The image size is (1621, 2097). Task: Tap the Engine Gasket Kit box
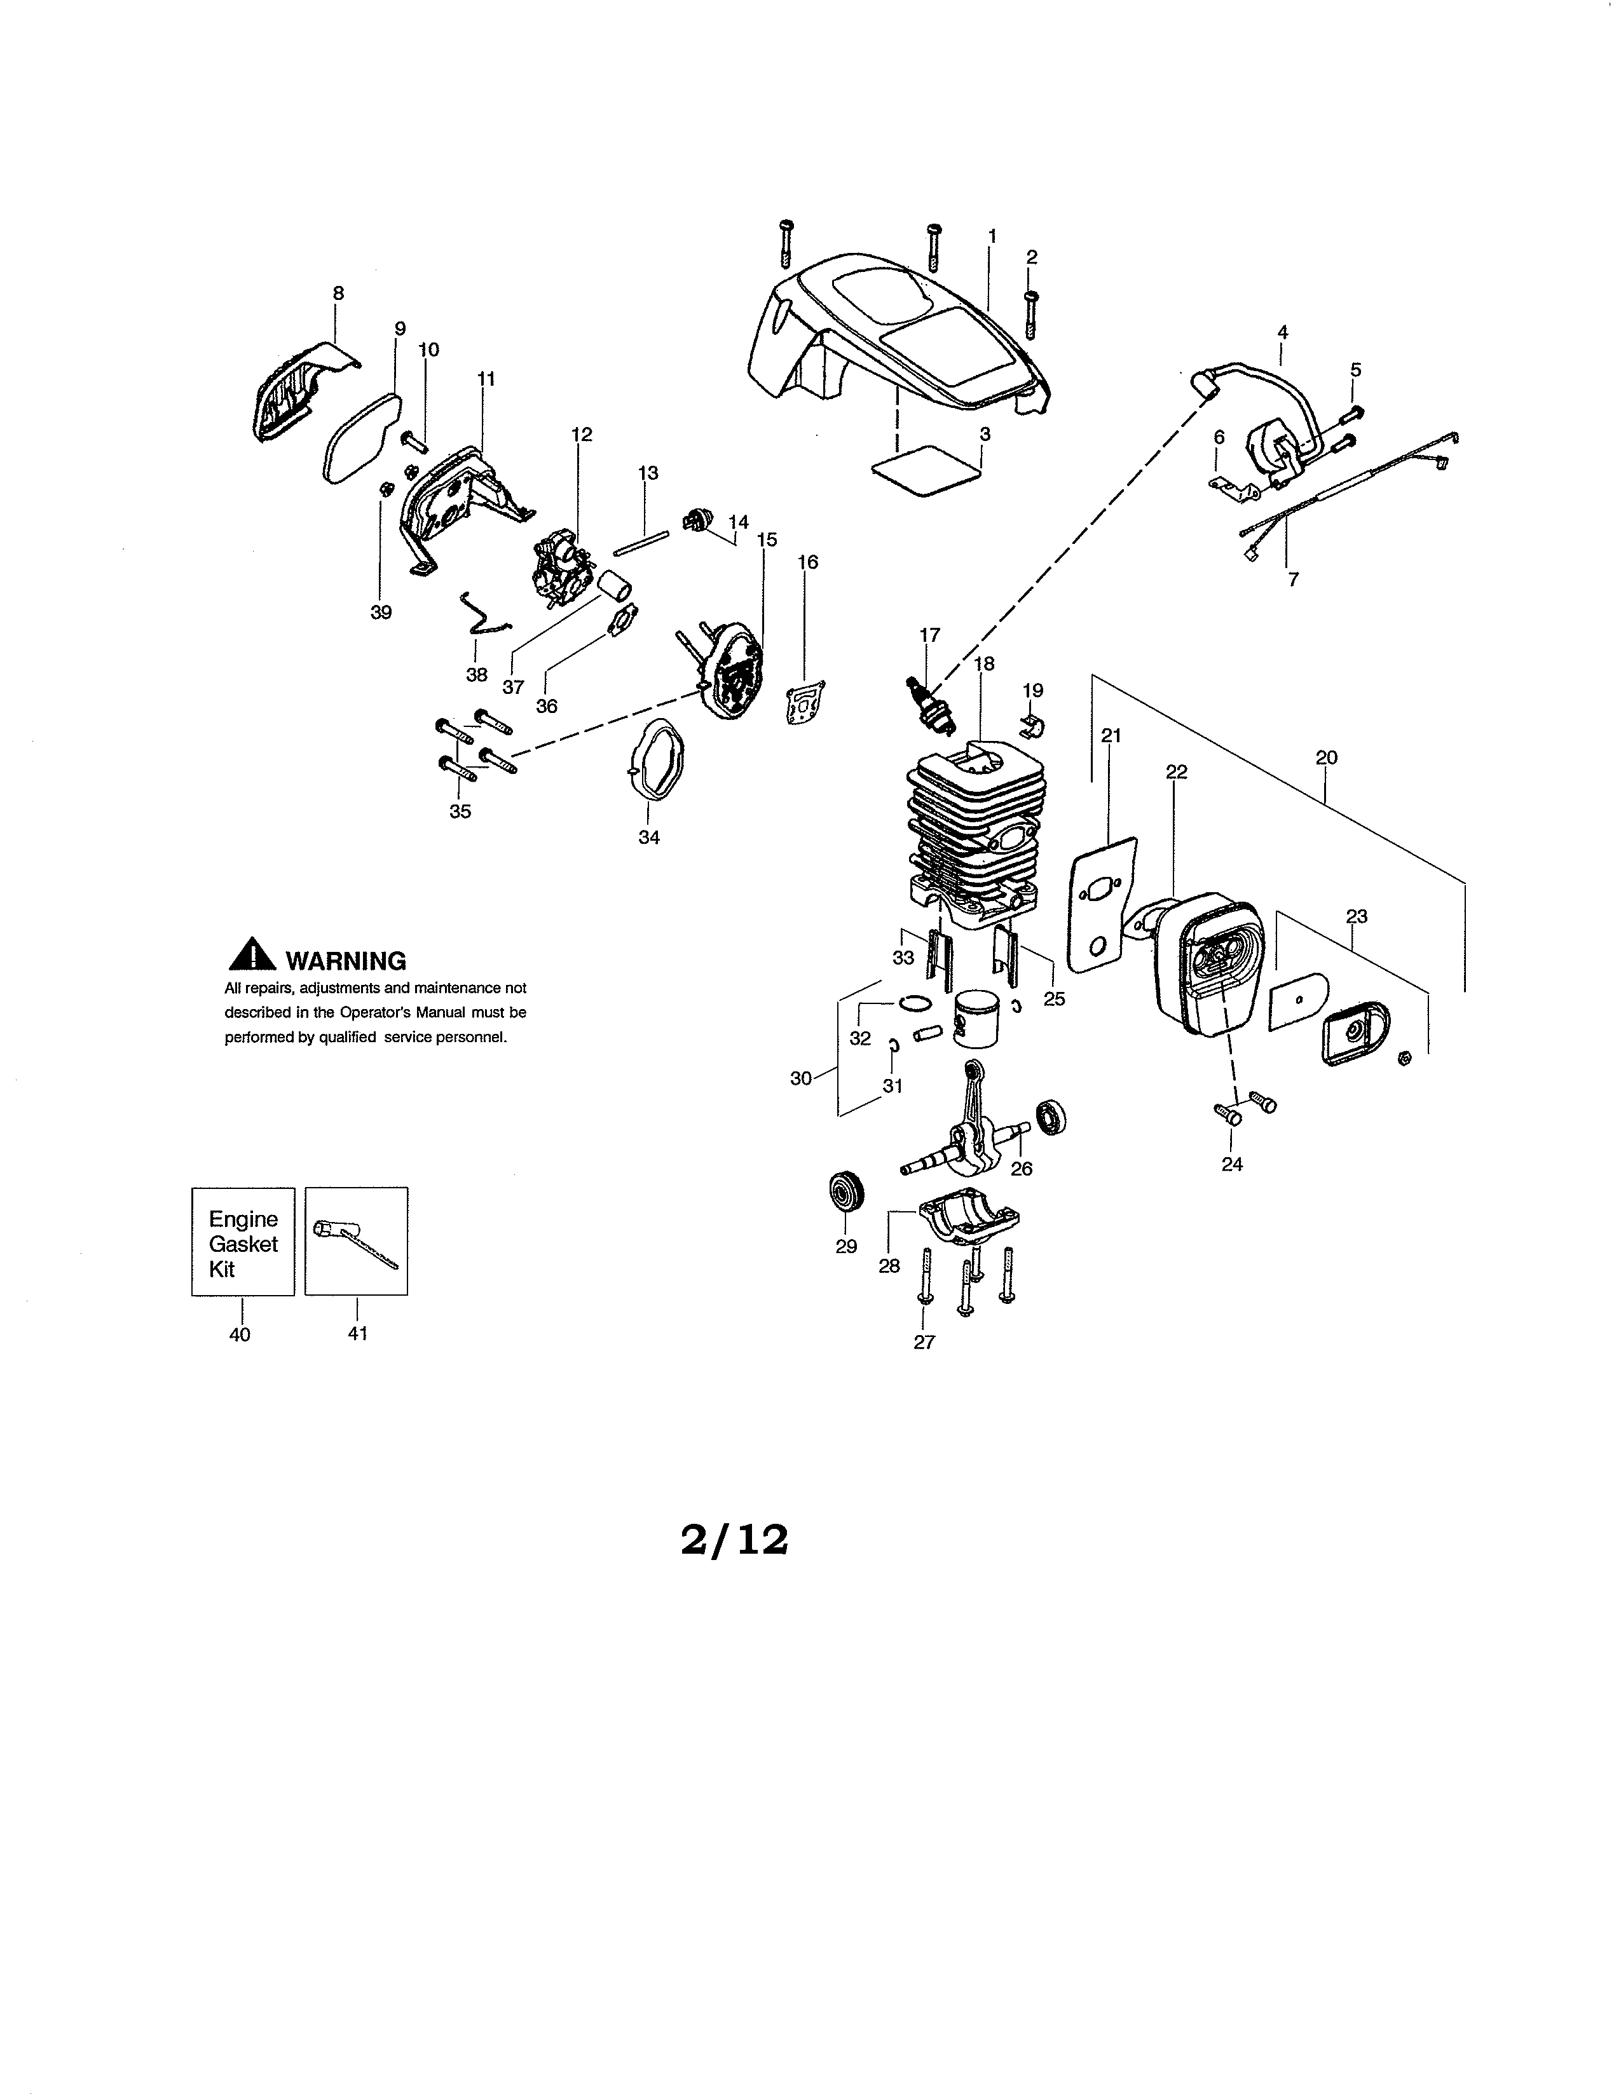pos(243,1242)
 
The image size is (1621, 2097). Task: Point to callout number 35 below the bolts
pos(460,812)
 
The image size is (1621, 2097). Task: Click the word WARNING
pos(346,961)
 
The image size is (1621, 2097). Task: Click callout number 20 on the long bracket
pos(1325,757)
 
